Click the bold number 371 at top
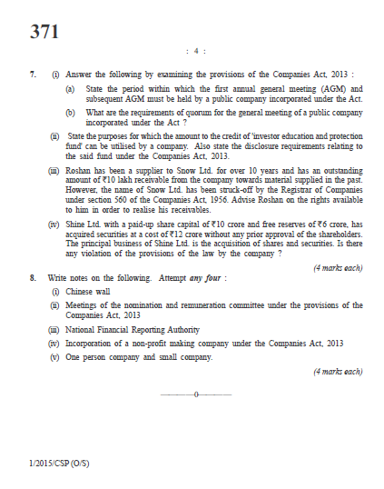[44, 32]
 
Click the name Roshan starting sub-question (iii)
[79, 170]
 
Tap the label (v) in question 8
[54, 356]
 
